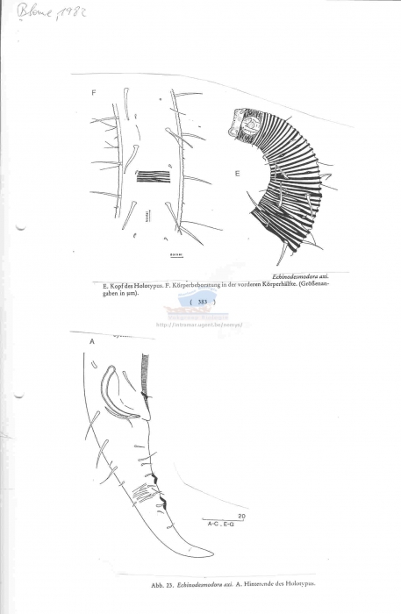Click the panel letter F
point(93,92)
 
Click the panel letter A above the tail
point(91,343)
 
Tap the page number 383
point(202,302)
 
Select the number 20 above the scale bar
point(241,517)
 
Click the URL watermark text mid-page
point(201,325)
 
